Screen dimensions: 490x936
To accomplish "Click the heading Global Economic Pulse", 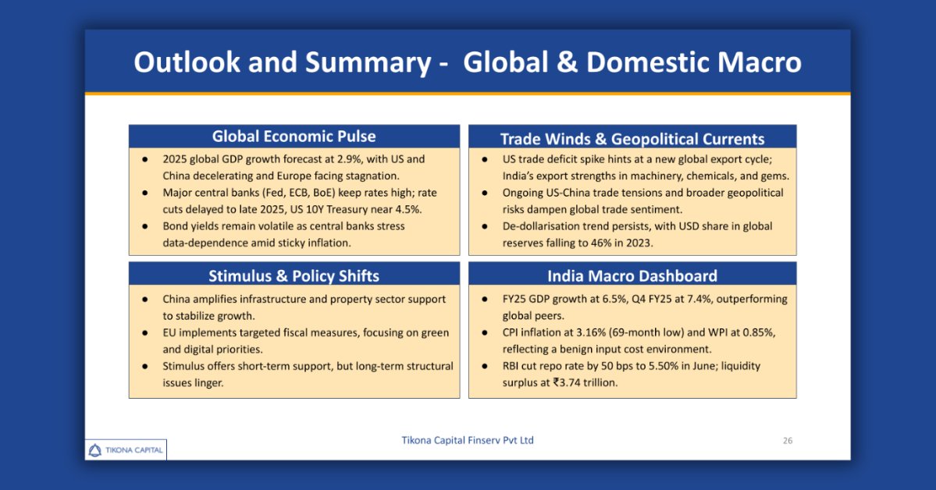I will (294, 137).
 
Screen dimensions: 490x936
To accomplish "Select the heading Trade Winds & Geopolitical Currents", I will (632, 139).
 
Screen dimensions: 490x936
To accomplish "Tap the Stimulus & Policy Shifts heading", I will (294, 275).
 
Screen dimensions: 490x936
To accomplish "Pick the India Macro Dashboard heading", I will (632, 275).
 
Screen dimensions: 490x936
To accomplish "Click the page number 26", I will (788, 441).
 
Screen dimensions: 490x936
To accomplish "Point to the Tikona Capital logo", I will (126, 449).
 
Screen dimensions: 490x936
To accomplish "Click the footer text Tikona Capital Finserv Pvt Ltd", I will (468, 440).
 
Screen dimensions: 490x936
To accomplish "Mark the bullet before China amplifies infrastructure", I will (145, 299).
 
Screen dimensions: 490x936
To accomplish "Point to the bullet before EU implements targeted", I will (145, 332).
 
